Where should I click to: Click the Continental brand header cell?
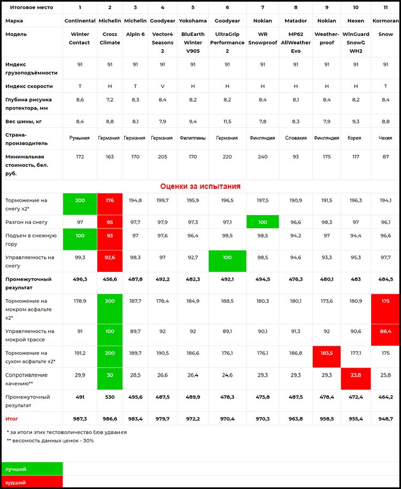tap(80, 21)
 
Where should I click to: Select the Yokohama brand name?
tap(193, 21)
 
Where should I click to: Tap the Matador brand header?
tap(296, 21)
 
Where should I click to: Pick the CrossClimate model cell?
tap(110, 38)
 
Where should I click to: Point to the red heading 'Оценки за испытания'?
tap(200, 186)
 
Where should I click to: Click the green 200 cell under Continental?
tap(80, 201)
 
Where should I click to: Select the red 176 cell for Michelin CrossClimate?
tap(110, 201)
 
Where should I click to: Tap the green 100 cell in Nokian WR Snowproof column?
tap(263, 222)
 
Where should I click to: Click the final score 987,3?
tap(80, 419)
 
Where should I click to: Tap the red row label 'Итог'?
tap(12, 419)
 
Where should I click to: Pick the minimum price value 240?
tap(263, 157)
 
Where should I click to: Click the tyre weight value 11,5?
tap(227, 121)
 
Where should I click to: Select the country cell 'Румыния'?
tap(80, 138)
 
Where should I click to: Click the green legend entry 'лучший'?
tap(16, 469)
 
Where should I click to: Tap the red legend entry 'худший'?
tap(16, 482)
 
